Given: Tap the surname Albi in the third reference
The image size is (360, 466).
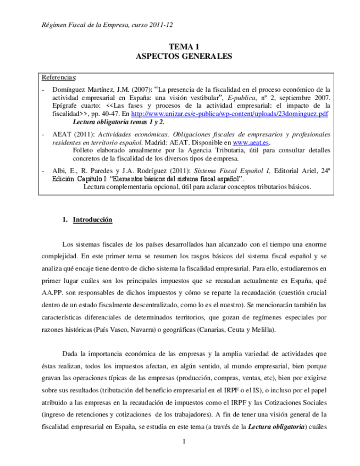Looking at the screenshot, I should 59,171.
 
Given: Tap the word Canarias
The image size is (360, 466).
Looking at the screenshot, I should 225,329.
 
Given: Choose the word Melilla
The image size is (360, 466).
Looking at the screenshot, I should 262,329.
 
